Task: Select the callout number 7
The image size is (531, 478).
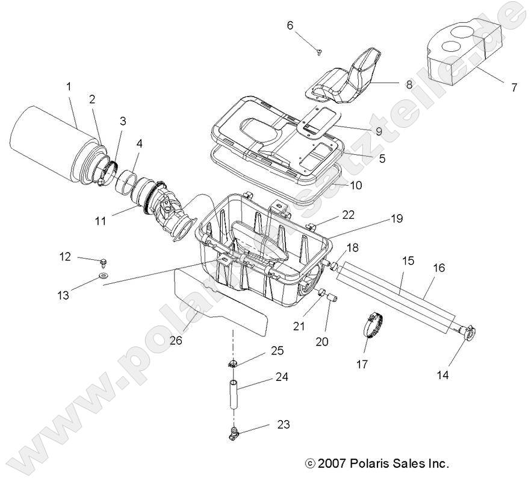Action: coord(514,87)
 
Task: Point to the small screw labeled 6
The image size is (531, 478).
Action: coord(318,52)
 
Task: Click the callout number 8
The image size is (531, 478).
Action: coord(409,85)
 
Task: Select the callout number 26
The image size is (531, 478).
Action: coord(175,341)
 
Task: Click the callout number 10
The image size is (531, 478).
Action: coord(356,186)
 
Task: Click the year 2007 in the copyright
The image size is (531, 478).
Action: coord(334,464)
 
